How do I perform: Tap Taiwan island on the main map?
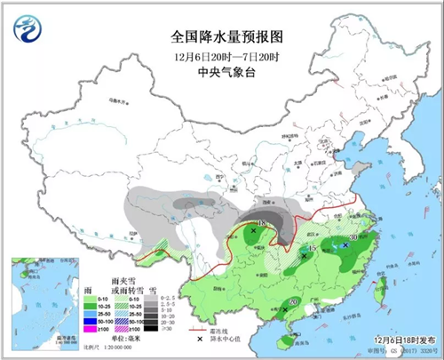coord(382,288)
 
